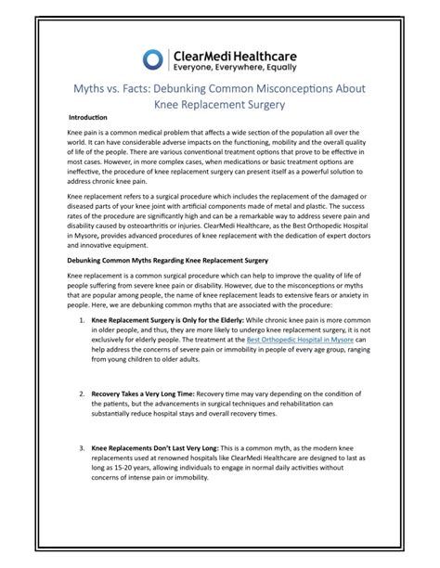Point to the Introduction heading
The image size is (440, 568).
(x=89, y=119)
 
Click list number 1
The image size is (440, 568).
(x=82, y=320)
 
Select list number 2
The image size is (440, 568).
(x=82, y=394)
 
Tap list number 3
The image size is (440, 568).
(x=82, y=448)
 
